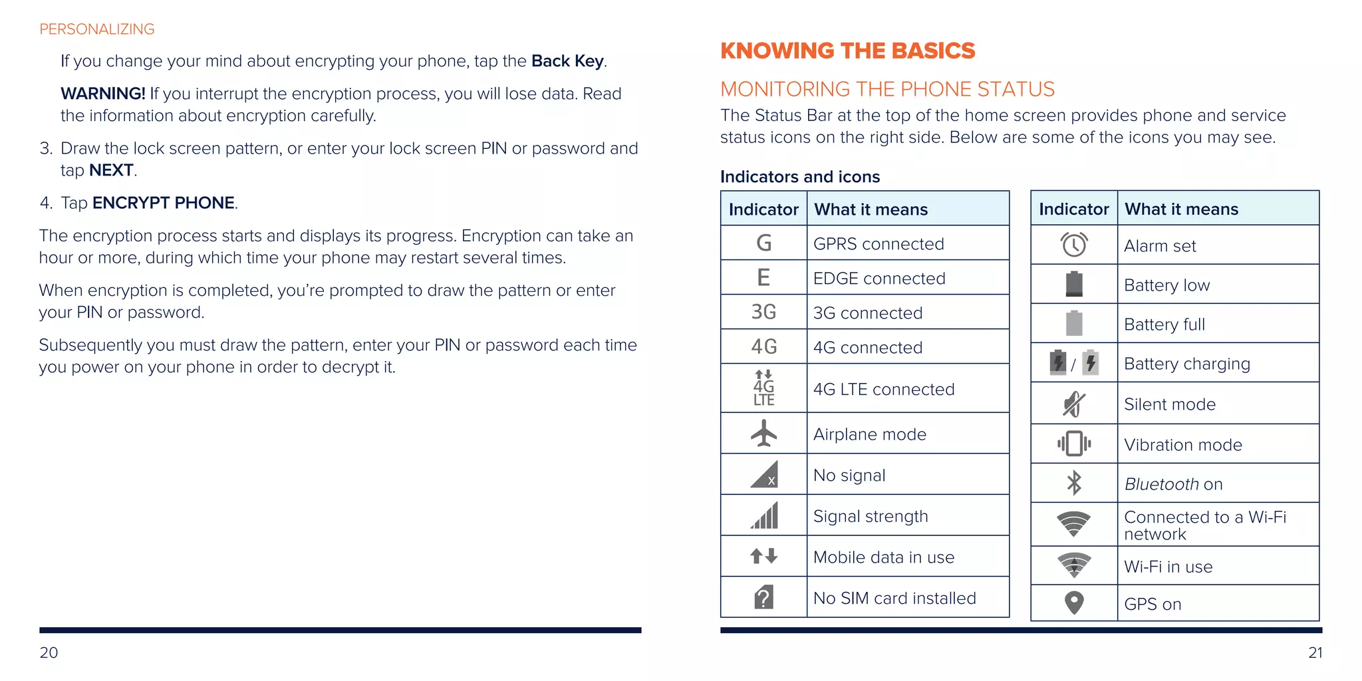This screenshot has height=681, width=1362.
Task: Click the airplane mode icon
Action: (x=763, y=434)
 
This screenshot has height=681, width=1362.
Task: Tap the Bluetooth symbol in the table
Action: (x=1073, y=483)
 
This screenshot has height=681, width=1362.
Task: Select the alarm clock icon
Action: (x=1073, y=245)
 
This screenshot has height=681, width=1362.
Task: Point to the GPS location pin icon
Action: (x=1073, y=603)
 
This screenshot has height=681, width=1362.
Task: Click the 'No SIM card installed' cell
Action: (x=894, y=598)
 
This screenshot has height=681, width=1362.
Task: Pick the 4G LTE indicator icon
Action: (x=763, y=388)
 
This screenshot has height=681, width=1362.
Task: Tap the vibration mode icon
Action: (x=1073, y=444)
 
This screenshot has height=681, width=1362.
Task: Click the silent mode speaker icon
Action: (x=1073, y=404)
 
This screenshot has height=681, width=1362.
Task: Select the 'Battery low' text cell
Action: (x=1166, y=285)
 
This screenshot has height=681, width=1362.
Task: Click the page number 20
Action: (x=49, y=652)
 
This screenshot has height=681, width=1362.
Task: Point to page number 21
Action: (x=1315, y=652)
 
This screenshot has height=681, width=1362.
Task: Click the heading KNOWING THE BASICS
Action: (x=847, y=51)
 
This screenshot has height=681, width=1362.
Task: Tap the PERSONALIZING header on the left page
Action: (x=97, y=29)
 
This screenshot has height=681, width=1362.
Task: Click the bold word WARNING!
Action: (x=102, y=94)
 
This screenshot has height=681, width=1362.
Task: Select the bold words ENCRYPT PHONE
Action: (x=163, y=203)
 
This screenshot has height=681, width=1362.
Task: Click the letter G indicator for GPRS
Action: (x=763, y=243)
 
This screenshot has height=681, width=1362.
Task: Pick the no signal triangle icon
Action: (x=763, y=475)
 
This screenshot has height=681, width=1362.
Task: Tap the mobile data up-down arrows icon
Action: (x=763, y=556)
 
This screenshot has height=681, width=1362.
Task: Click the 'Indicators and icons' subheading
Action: (x=799, y=177)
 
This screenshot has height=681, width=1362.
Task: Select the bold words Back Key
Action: (x=567, y=61)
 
